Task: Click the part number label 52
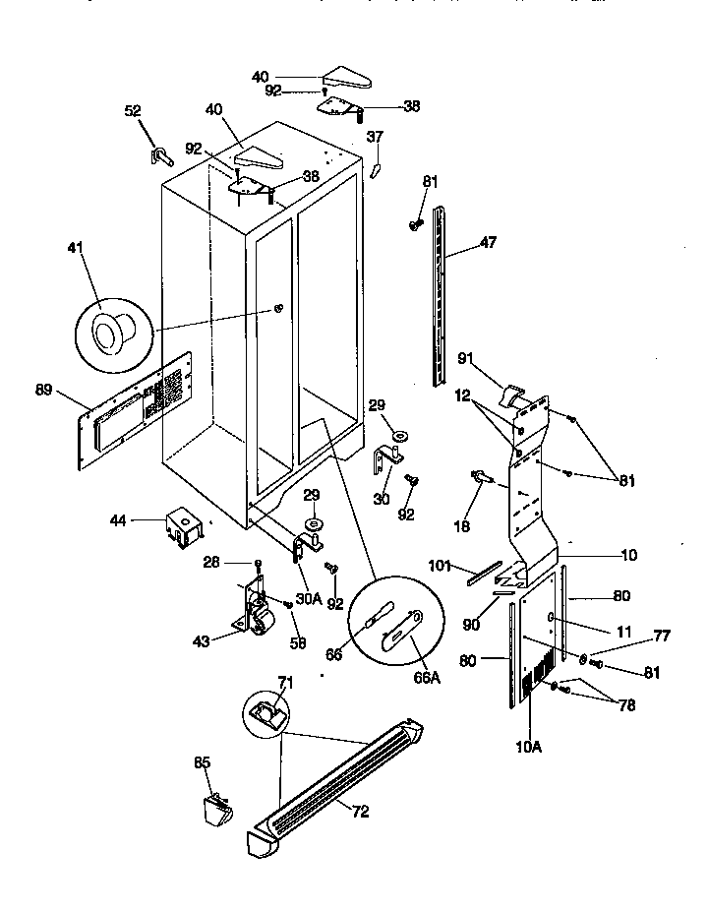pos(133,111)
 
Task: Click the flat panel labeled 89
pos(132,406)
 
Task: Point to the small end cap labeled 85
pos(216,810)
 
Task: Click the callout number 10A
pos(528,747)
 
